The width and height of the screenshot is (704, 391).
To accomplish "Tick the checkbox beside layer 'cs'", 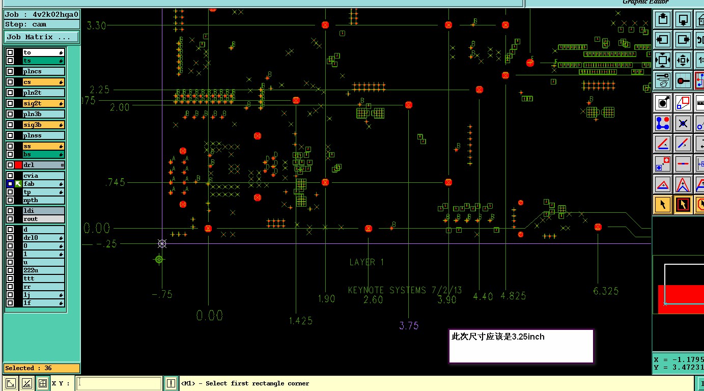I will pyautogui.click(x=10, y=82).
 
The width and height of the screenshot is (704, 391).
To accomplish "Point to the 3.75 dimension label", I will pyautogui.click(x=409, y=326).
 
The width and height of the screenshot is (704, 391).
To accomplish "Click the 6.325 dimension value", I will pyautogui.click(x=606, y=291).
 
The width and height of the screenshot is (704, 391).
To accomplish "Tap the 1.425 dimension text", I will pyautogui.click(x=300, y=321).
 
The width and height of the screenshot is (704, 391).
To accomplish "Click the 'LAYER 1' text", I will pyautogui.click(x=367, y=262).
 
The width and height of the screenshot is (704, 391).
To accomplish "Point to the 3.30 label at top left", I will pyautogui.click(x=97, y=25).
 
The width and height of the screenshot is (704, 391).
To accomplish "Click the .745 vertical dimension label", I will pyautogui.click(x=115, y=182).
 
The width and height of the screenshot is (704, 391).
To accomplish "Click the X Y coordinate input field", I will pyautogui.click(x=120, y=383).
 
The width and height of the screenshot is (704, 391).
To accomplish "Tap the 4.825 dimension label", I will pyautogui.click(x=513, y=296).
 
